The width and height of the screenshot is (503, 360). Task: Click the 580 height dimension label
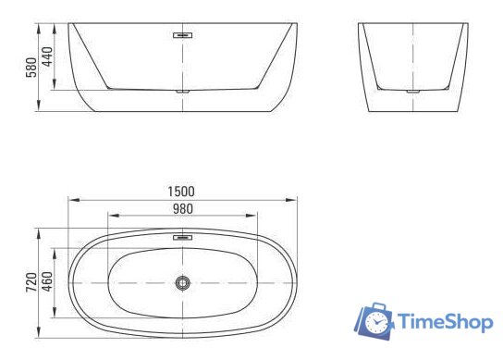(x=31, y=68)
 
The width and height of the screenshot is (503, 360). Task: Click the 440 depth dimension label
(x=47, y=56)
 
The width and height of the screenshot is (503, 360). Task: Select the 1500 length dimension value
(x=181, y=192)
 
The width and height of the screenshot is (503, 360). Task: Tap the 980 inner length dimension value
(x=183, y=209)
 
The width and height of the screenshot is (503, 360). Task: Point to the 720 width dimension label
(x=31, y=282)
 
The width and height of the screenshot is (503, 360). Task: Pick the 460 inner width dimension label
(x=47, y=281)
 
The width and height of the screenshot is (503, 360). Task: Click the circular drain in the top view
(x=182, y=282)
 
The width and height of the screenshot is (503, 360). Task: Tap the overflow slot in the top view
(x=182, y=237)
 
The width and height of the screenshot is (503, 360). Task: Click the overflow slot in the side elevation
(x=182, y=35)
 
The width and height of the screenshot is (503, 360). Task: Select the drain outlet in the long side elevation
(x=182, y=92)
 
